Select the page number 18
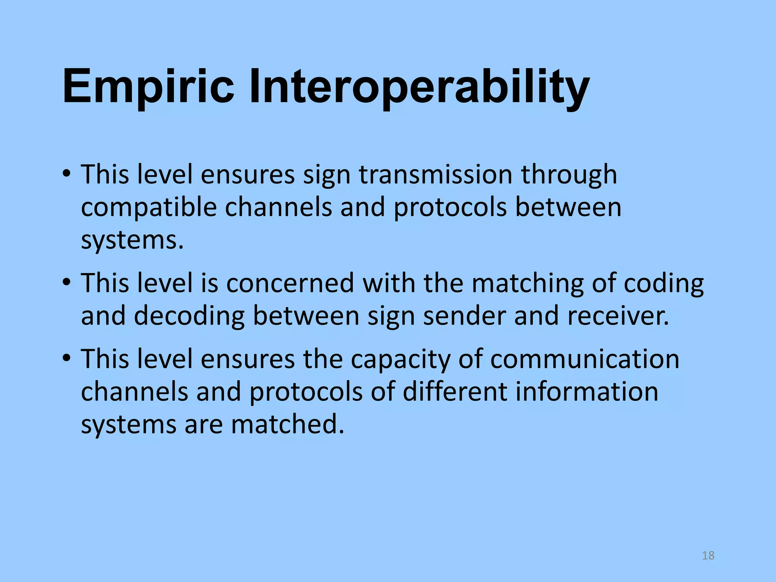[708, 555]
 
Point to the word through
[569, 175]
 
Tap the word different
[454, 391]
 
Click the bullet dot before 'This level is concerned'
[67, 282]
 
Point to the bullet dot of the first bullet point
[67, 174]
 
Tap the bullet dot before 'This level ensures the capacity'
[67, 358]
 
